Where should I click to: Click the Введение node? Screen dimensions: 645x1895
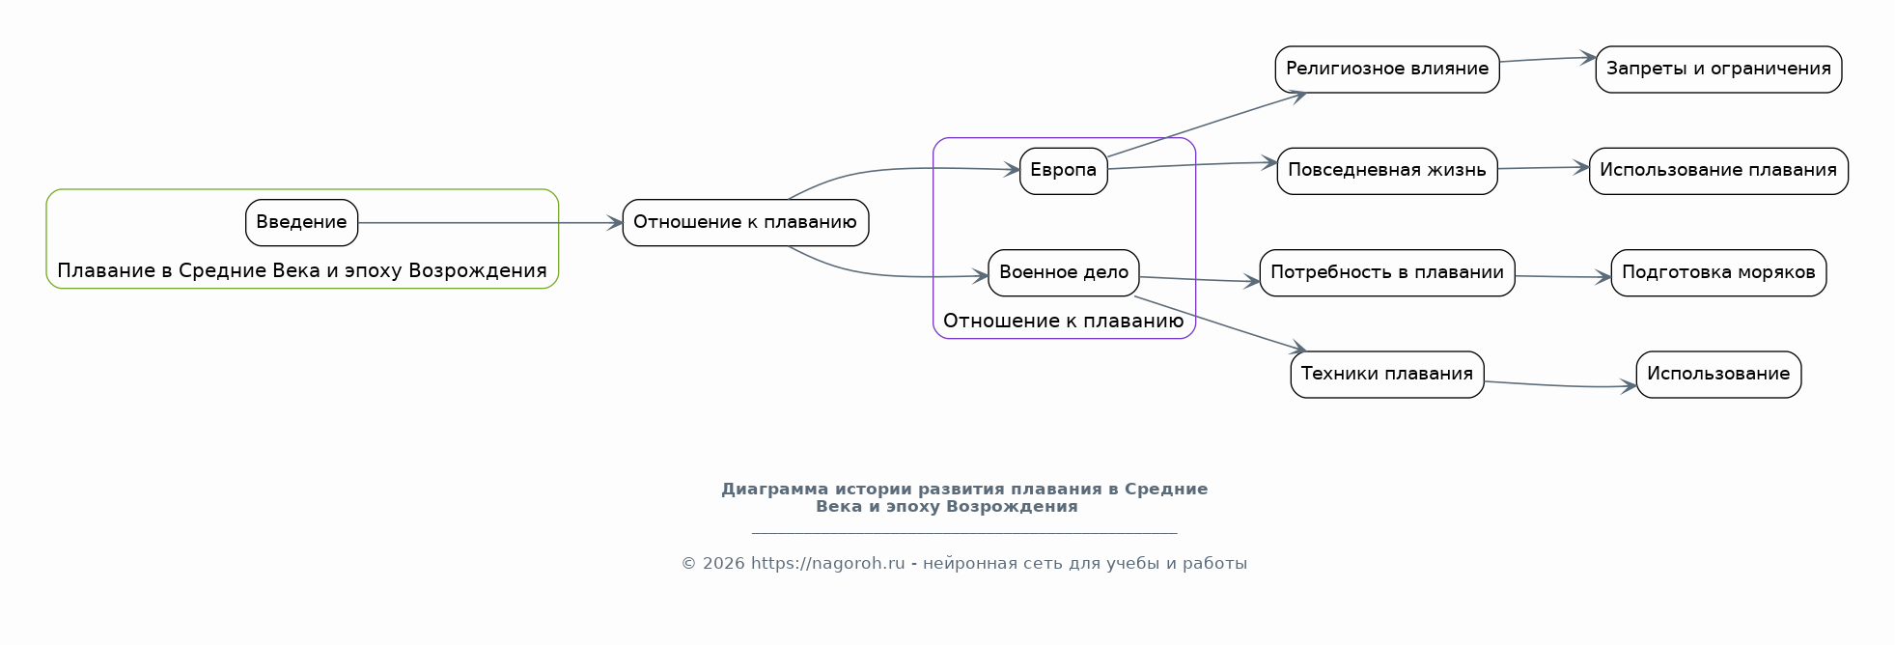[x=301, y=222]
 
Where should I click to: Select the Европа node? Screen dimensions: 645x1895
[x=1063, y=170]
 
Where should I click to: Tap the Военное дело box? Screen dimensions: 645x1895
[x=1063, y=272]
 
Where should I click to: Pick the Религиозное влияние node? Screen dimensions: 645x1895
[x=1386, y=69]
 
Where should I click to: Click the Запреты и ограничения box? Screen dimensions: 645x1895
[x=1717, y=69]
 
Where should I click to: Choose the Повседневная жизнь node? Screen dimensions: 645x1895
[x=1386, y=170]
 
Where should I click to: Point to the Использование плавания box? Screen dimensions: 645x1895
[x=1717, y=170]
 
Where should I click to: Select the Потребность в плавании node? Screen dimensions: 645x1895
[x=1386, y=272]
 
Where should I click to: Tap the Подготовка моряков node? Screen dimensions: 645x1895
[x=1717, y=272]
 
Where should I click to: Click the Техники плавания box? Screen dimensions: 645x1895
[x=1386, y=374]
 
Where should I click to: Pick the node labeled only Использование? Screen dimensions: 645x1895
[x=1717, y=374]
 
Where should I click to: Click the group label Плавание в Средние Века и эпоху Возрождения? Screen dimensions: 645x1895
[x=301, y=270]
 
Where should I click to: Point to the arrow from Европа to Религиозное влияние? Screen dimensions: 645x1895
[x=1207, y=125]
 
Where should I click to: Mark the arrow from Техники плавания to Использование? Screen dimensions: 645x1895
[x=1559, y=385]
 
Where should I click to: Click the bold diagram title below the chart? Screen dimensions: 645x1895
[x=963, y=497]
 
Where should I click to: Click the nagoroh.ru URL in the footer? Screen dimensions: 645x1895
[x=827, y=563]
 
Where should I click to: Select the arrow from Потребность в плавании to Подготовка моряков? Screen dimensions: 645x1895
[x=1563, y=277]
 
